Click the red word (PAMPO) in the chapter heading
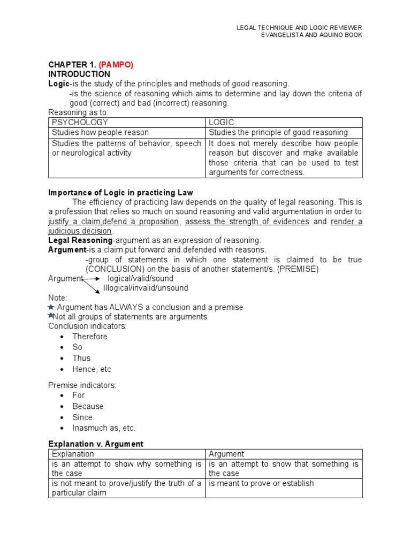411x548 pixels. click(x=116, y=65)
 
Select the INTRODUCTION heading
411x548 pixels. click(x=79, y=74)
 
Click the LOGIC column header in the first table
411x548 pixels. click(x=222, y=123)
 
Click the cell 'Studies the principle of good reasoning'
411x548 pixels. click(x=278, y=132)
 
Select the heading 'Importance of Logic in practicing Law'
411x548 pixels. click(x=120, y=193)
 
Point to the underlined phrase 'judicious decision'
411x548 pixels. click(x=80, y=231)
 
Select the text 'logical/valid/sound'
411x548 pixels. click(x=140, y=279)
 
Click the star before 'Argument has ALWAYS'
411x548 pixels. click(x=51, y=307)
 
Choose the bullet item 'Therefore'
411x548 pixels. click(x=90, y=337)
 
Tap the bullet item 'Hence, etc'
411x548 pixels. click(x=92, y=369)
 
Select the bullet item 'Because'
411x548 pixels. click(x=88, y=406)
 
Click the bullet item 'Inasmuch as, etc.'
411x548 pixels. click(x=104, y=428)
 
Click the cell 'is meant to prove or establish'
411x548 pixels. click(x=261, y=484)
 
